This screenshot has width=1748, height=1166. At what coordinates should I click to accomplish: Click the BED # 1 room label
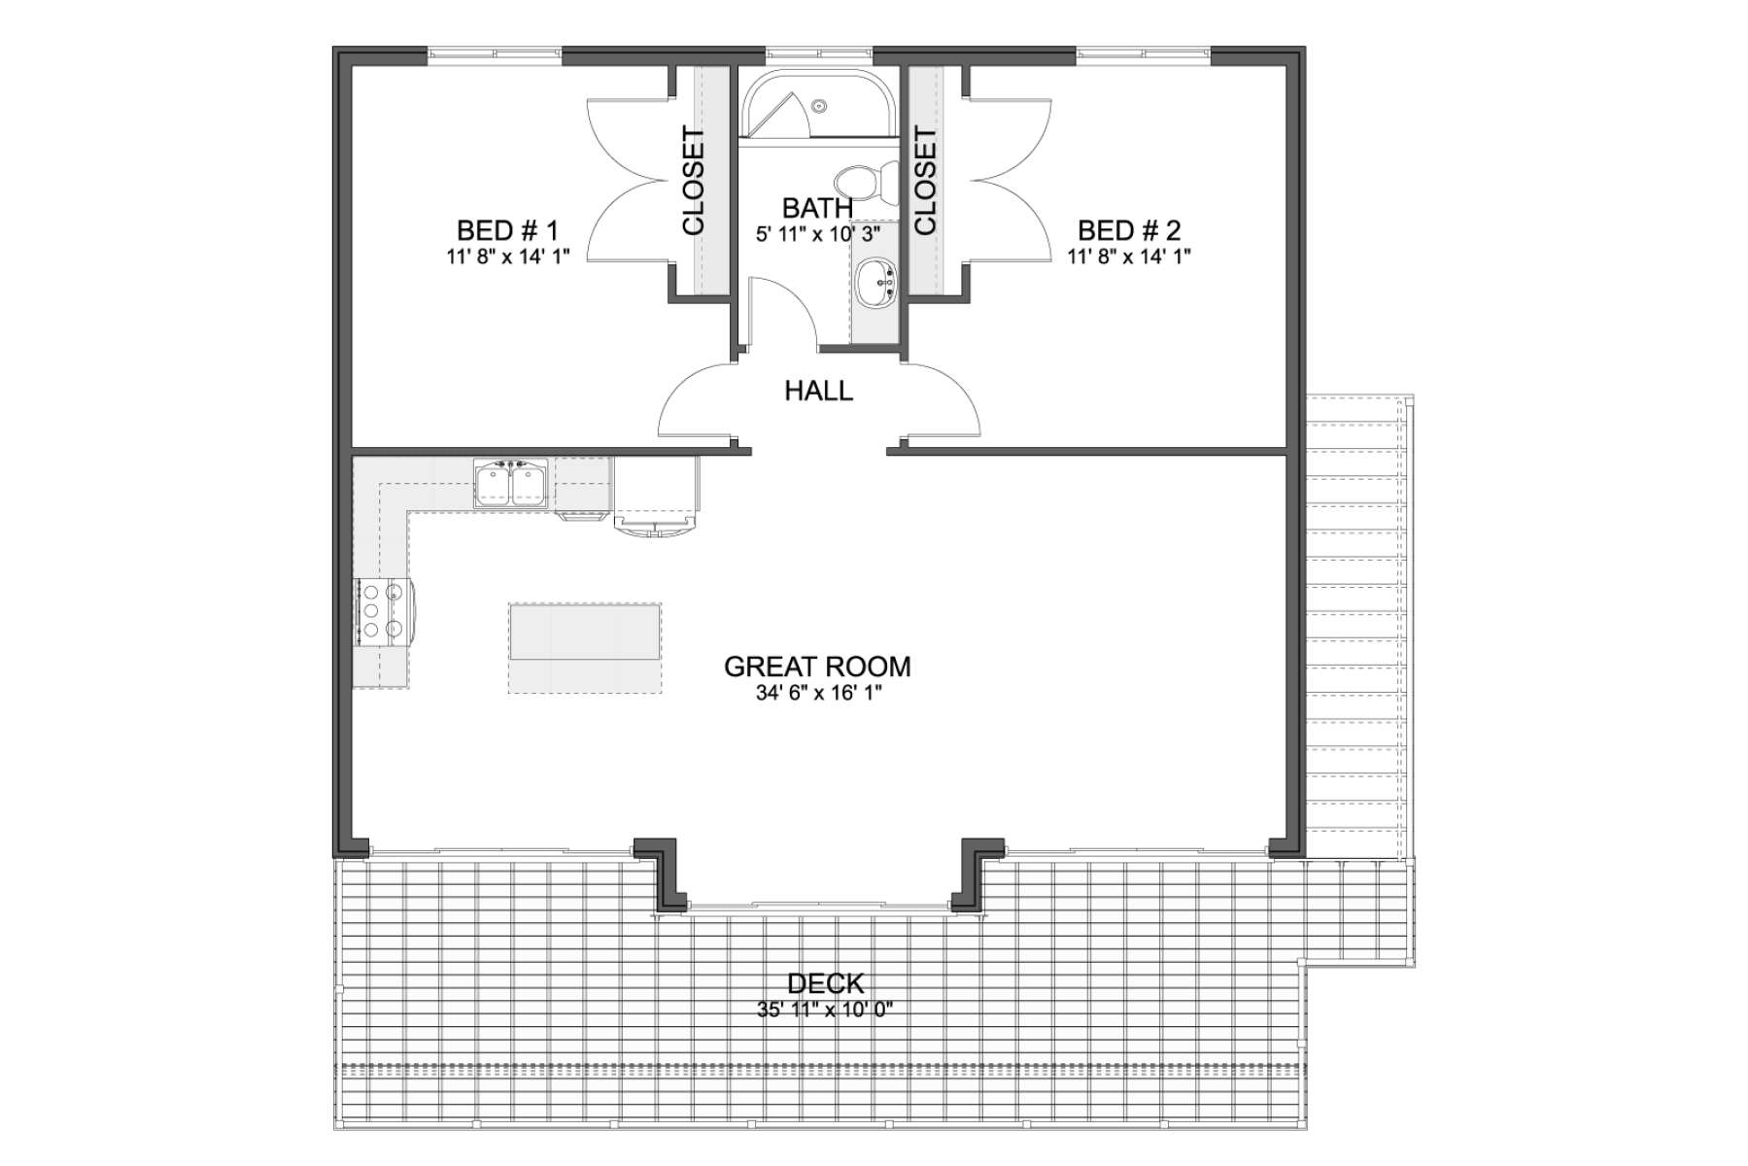[507, 231]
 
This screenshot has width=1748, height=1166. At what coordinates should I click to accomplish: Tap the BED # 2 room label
[1129, 231]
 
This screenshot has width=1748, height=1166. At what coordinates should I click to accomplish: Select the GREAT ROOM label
[817, 667]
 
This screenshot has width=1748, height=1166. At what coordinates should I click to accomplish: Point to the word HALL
[819, 392]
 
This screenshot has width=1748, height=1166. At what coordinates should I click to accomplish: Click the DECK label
[825, 984]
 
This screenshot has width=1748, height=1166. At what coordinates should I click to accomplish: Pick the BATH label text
[817, 208]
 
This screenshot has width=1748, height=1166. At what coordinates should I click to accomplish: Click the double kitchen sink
[511, 484]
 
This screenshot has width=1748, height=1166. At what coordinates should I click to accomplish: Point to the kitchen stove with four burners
[383, 611]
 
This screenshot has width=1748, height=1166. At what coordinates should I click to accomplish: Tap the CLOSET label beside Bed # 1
[694, 182]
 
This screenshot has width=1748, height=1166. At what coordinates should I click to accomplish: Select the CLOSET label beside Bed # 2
[925, 182]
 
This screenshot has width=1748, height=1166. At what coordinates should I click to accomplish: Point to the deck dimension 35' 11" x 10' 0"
[825, 1010]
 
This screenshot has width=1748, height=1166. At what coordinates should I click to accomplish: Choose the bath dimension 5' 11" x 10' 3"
[817, 234]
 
